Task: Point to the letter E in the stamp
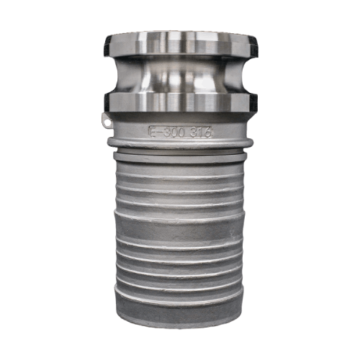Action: click(152, 132)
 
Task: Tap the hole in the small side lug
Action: click(107, 123)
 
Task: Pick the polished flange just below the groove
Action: click(180, 102)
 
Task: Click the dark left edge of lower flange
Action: click(105, 102)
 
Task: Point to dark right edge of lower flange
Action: click(255, 102)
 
